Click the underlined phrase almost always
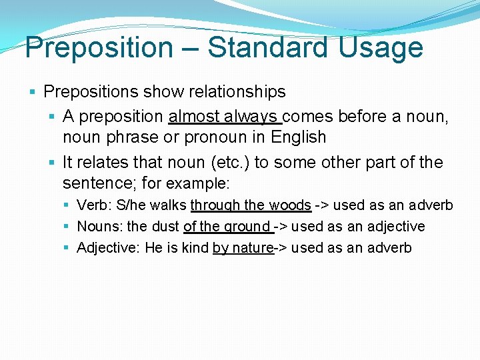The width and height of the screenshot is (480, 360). (225, 117)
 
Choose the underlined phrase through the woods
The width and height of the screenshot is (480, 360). (251, 205)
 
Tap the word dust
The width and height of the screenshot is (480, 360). (165, 227)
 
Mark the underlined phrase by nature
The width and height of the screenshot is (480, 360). (243, 248)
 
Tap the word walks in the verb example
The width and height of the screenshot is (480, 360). (169, 205)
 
